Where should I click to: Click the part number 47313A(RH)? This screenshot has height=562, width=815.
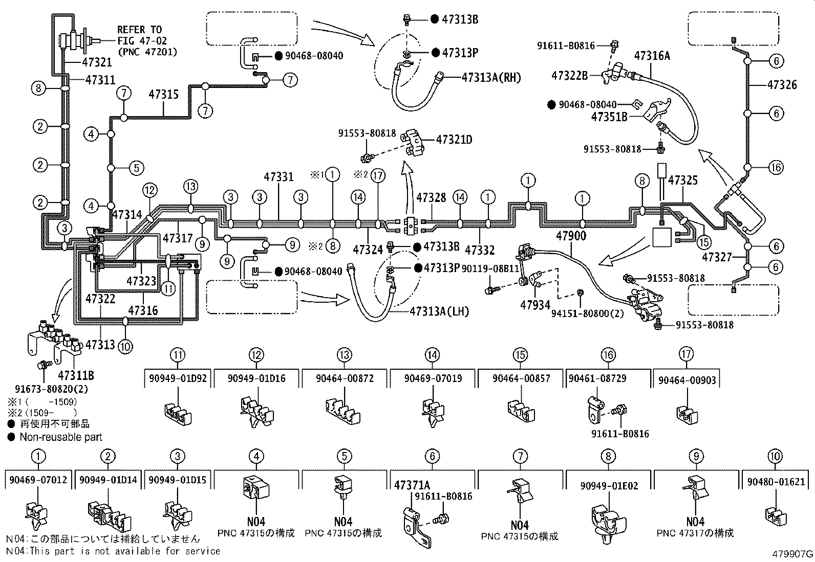[x=491, y=77]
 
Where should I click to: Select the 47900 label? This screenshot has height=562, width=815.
[x=571, y=236]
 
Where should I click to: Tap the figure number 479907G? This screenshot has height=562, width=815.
[x=793, y=554]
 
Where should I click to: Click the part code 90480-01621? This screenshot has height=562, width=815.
[x=775, y=482]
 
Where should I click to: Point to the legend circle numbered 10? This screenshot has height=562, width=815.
[x=776, y=457]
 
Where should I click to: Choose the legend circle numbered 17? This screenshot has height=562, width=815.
[x=687, y=354]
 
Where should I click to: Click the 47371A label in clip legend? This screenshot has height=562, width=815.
[x=412, y=485]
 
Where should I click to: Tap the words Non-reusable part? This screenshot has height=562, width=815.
[x=60, y=437]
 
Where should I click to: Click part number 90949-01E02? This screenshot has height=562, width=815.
[x=609, y=486]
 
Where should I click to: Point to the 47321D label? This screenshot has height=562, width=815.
[x=454, y=139]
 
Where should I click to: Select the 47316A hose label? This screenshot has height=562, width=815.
[x=652, y=56]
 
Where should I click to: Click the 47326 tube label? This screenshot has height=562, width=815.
[x=782, y=85]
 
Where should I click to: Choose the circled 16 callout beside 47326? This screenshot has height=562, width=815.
[x=776, y=168]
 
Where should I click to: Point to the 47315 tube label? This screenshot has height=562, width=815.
[x=164, y=95]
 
